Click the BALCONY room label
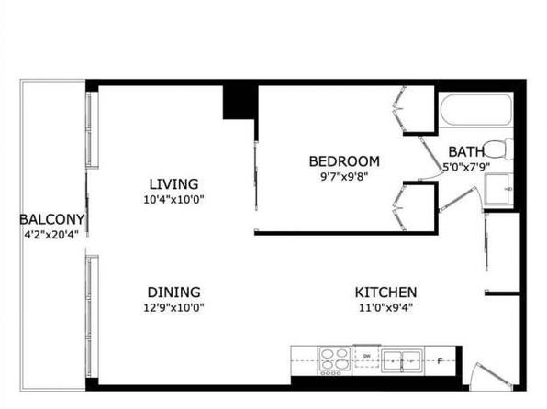[x=52, y=219]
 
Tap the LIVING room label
[x=173, y=183]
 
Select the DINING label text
[x=173, y=292]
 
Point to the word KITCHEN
[x=385, y=292]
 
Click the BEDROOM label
[x=344, y=161]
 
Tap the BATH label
[x=466, y=151]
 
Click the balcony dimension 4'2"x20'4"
[x=50, y=235]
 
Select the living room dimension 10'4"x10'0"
[x=173, y=200]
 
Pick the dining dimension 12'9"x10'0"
[x=173, y=308]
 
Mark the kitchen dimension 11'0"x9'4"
[x=385, y=308]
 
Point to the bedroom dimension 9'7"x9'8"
[x=344, y=177]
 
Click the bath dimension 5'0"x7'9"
[x=466, y=167]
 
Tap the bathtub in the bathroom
[x=475, y=109]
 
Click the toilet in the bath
[x=500, y=149]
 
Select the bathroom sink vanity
[x=499, y=189]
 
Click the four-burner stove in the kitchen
[x=335, y=360]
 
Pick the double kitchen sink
[x=402, y=360]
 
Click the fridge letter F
[x=440, y=361]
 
